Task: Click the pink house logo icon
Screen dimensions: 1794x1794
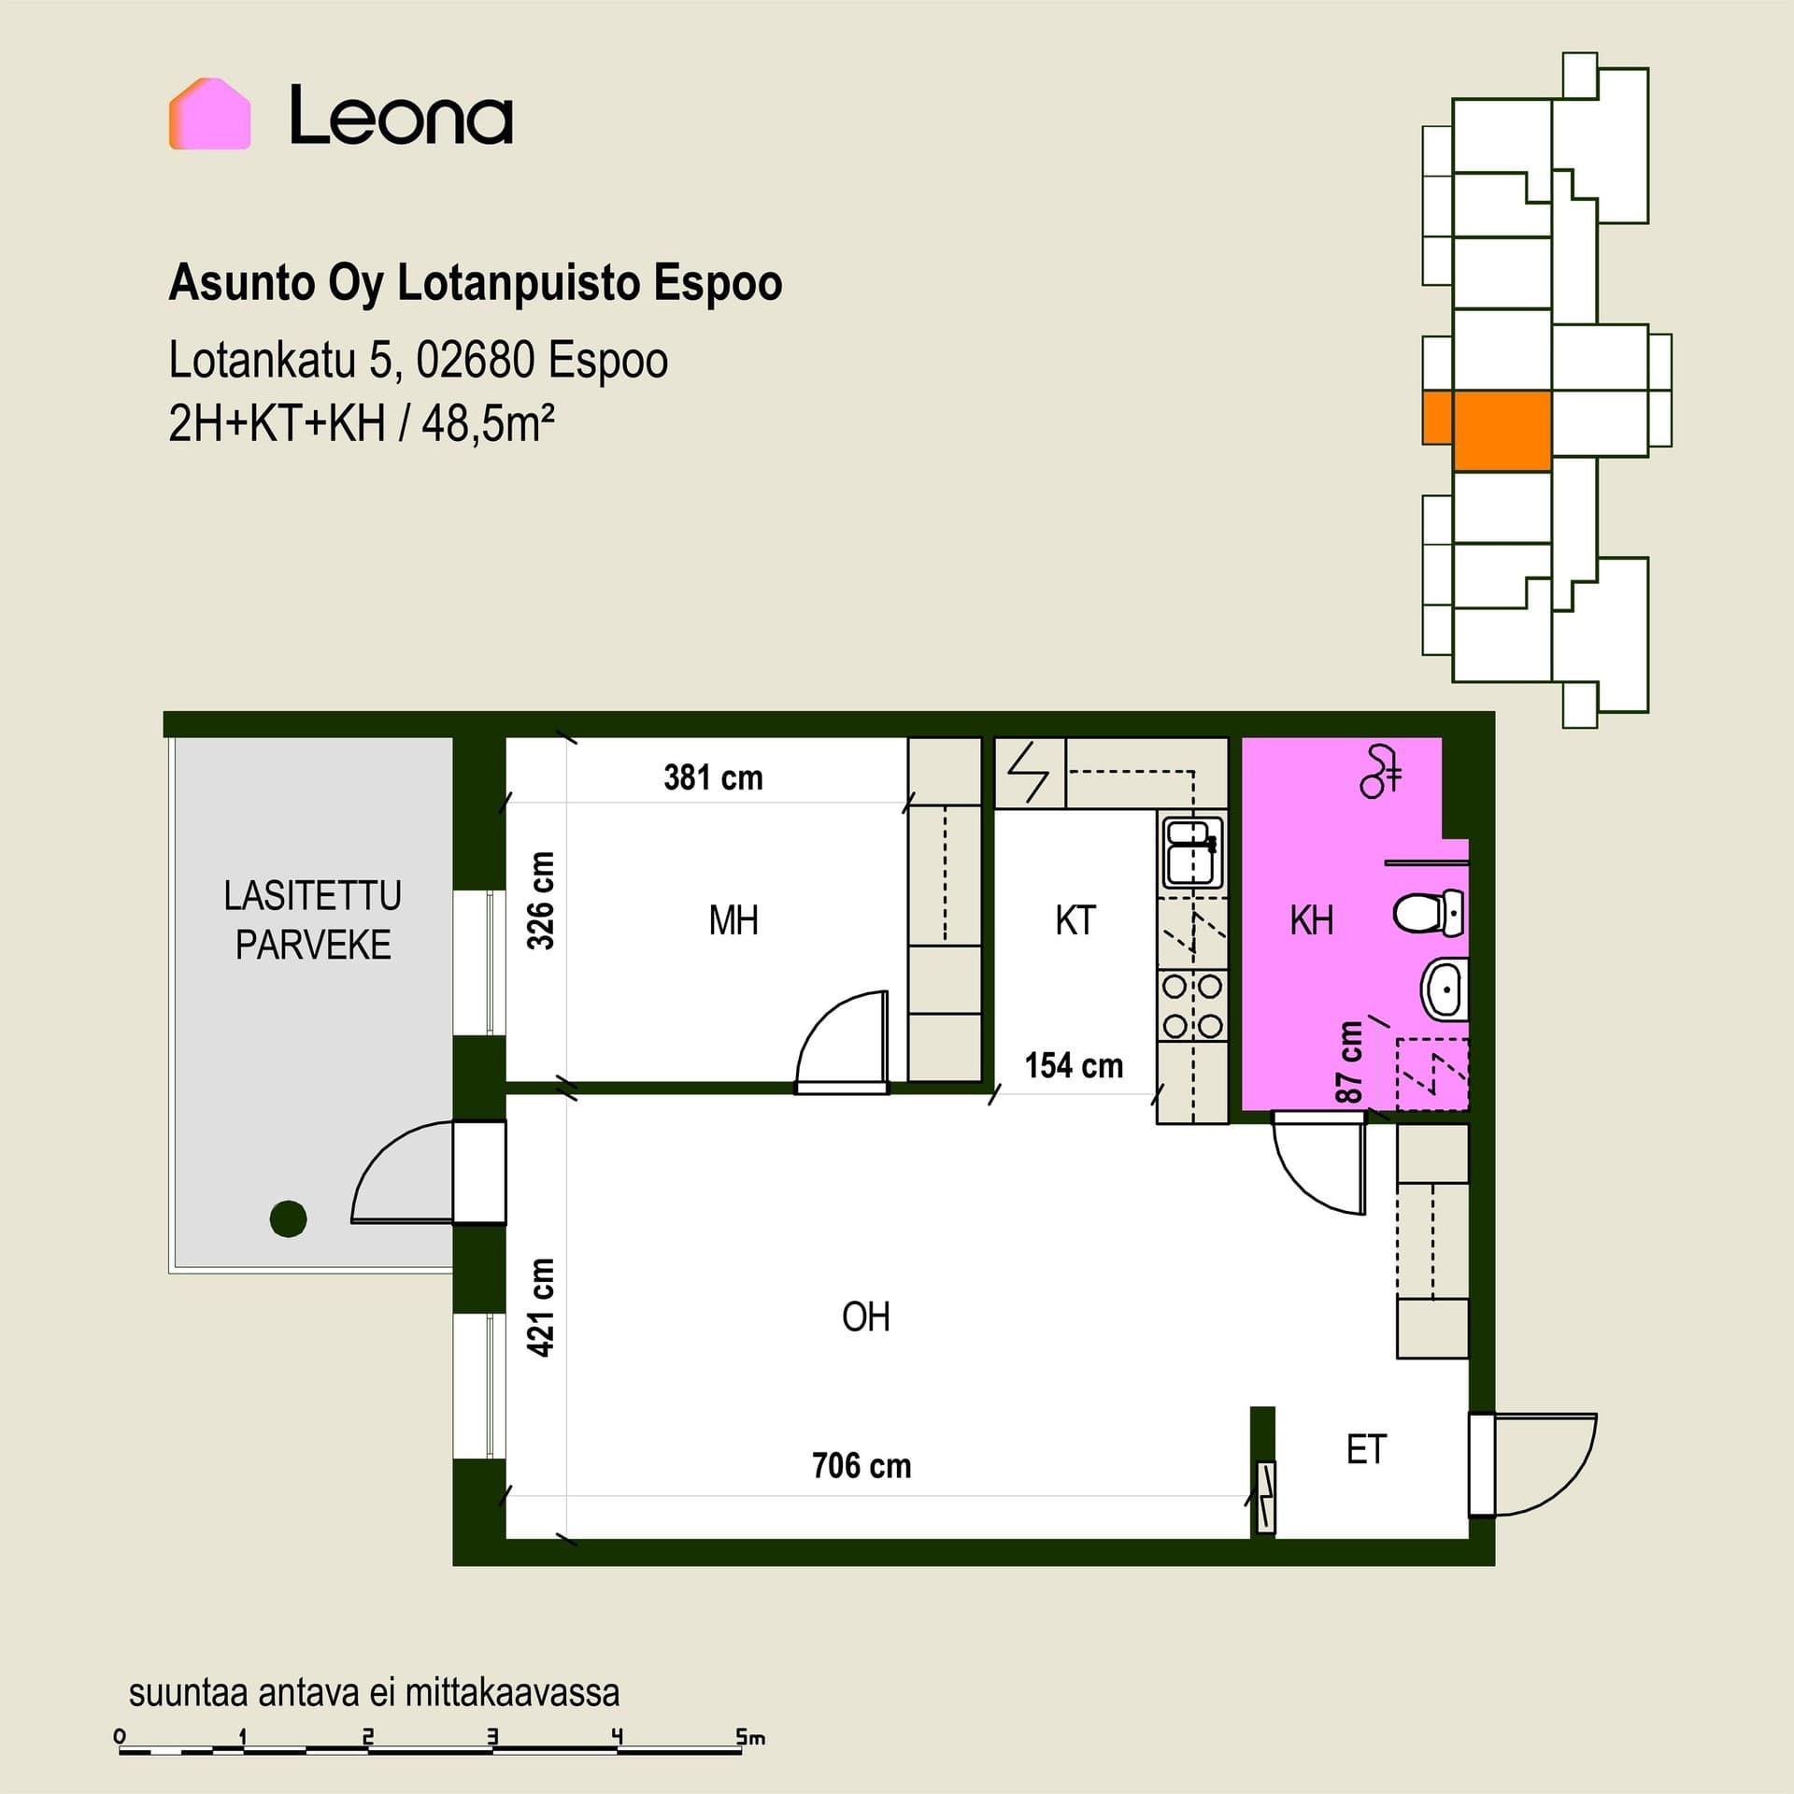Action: [209, 113]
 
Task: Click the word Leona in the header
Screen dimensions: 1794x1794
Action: [401, 116]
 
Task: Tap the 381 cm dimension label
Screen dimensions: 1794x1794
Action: [713, 777]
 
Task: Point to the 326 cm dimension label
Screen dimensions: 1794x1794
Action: [540, 900]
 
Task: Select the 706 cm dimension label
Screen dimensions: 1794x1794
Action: [861, 1465]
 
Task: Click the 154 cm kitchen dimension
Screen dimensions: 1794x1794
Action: [1074, 1065]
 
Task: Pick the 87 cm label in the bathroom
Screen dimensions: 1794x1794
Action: [1349, 1062]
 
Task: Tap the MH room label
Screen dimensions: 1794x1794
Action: [733, 920]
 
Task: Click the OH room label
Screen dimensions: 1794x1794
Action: [865, 1317]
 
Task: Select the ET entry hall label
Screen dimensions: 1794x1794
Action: [1366, 1449]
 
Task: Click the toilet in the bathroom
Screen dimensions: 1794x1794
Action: [1429, 913]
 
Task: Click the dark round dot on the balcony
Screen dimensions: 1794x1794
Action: [288, 1218]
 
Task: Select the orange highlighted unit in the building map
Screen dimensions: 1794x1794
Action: [1487, 430]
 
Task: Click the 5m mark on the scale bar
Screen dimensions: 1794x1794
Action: [749, 1738]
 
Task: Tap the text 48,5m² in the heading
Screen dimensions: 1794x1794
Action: [488, 424]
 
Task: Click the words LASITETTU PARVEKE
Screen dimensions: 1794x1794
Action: [313, 920]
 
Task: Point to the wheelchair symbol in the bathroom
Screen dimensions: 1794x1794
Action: [1381, 771]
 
